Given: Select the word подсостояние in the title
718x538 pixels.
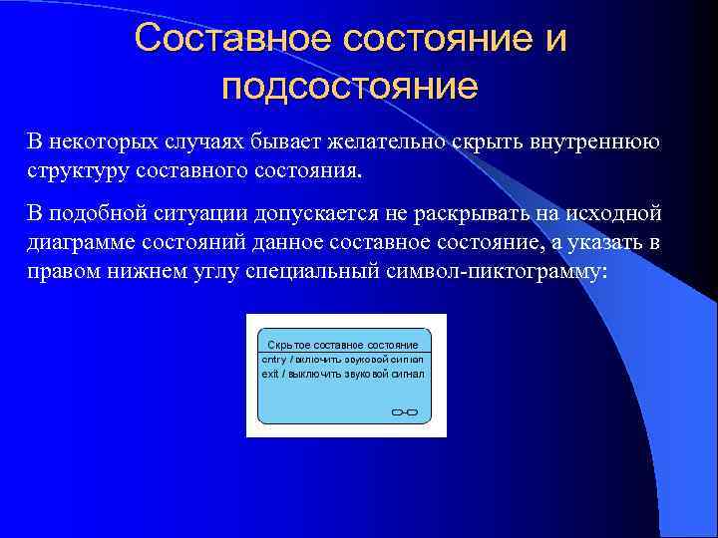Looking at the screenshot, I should [350, 87].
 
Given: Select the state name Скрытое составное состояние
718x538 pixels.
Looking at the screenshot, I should [342, 344].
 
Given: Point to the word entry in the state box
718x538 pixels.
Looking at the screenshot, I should [273, 358].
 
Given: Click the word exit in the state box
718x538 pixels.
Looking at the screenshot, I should [270, 374].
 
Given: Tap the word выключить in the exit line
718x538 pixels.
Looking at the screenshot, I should [314, 374].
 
